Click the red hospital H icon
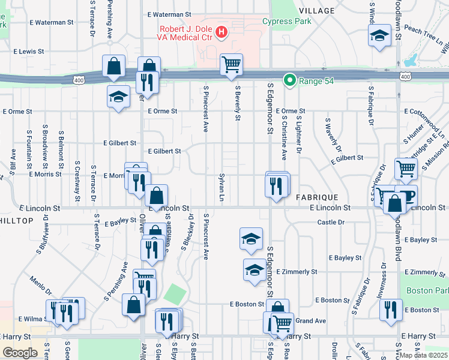click(x=221, y=31)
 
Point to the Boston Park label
click(x=427, y=290)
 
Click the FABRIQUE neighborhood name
click(x=317, y=197)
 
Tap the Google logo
click(x=20, y=353)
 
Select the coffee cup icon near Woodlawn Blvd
click(x=406, y=195)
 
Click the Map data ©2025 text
click(x=424, y=355)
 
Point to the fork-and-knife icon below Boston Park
click(x=391, y=310)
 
